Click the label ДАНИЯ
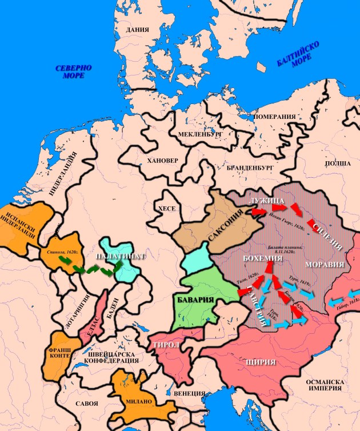138,30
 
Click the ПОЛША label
338,163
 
